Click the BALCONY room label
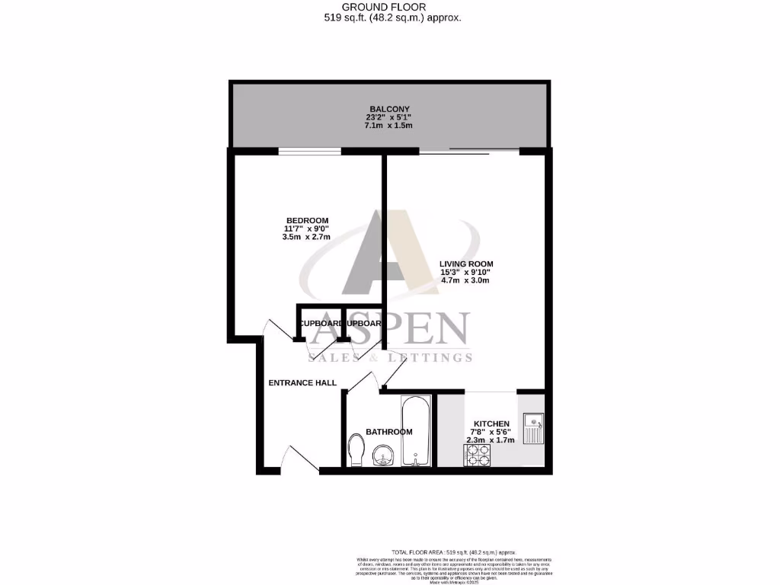(x=388, y=109)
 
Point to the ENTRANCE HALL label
(x=302, y=382)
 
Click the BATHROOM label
(x=388, y=432)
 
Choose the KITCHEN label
(x=491, y=424)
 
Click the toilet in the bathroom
(x=356, y=449)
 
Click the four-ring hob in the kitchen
(x=478, y=454)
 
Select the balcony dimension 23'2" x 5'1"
(x=388, y=117)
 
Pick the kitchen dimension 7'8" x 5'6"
(x=491, y=432)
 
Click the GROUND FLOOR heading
(x=389, y=7)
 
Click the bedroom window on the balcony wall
(x=309, y=151)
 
